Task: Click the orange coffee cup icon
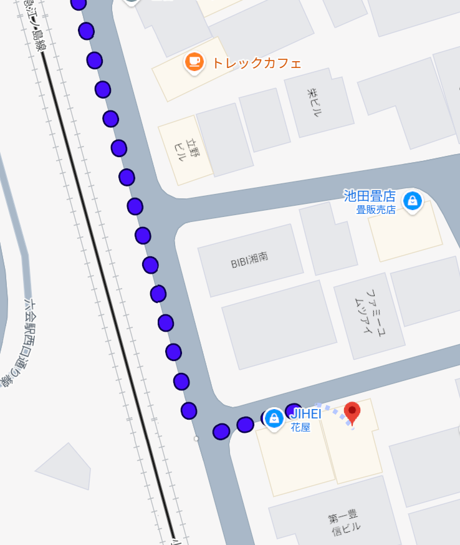coord(194,61)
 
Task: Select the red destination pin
coord(353,412)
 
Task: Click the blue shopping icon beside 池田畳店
coord(411,200)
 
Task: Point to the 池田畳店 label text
coord(370,196)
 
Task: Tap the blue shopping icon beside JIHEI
coord(274,418)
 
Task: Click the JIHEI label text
coord(306,414)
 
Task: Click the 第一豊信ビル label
coord(343,522)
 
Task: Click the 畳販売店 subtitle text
coord(376,210)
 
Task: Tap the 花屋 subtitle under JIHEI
coord(300,428)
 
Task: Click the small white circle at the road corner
coord(196,439)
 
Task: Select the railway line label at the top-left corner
coord(34,25)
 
